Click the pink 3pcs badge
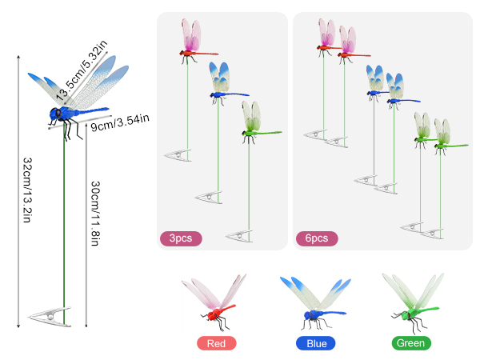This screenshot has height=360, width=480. (181, 238)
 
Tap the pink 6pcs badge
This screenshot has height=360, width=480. (317, 238)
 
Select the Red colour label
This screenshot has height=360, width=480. (217, 343)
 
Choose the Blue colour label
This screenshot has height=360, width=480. (316, 343)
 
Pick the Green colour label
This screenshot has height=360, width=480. (411, 343)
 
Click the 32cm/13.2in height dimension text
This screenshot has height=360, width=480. (28, 190)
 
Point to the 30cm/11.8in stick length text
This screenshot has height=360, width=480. (95, 214)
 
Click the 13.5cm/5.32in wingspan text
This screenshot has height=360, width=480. (82, 70)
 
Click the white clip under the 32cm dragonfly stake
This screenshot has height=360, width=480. (50, 317)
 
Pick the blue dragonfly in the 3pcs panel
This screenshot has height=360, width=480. (226, 83)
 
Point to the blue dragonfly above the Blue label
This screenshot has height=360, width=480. (315, 303)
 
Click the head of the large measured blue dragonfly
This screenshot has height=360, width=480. (56, 114)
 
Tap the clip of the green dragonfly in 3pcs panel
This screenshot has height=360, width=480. (239, 236)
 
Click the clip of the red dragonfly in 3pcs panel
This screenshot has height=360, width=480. (178, 155)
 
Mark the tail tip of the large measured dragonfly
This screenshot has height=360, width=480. (108, 108)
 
